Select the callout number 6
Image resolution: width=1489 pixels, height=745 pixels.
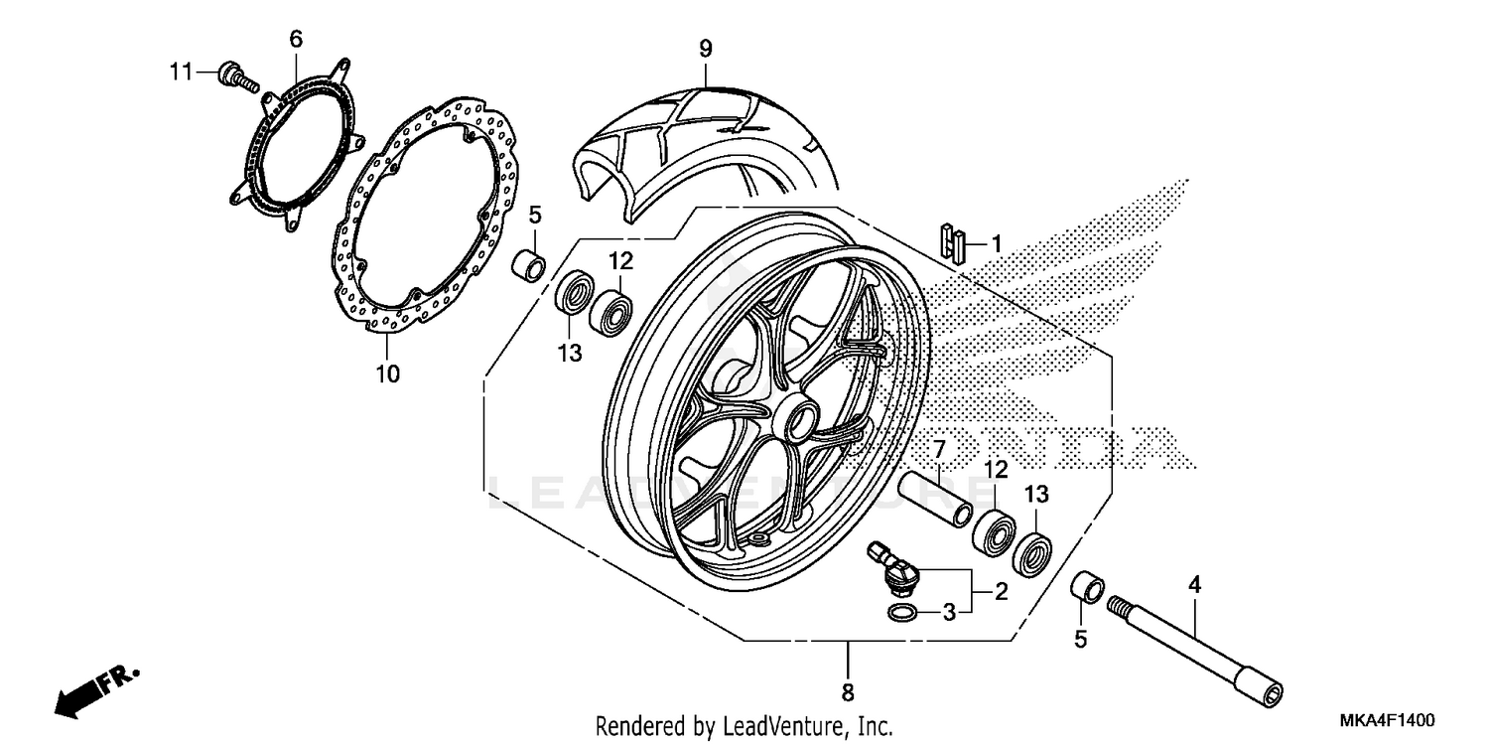point(295,40)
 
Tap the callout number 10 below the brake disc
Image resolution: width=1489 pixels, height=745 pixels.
point(387,373)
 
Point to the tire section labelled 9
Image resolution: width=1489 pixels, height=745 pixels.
point(695,139)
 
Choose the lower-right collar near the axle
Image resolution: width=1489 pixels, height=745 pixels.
point(1086,587)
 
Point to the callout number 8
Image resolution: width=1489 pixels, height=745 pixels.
point(848,691)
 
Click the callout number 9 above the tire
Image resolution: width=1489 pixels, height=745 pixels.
point(705,48)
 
